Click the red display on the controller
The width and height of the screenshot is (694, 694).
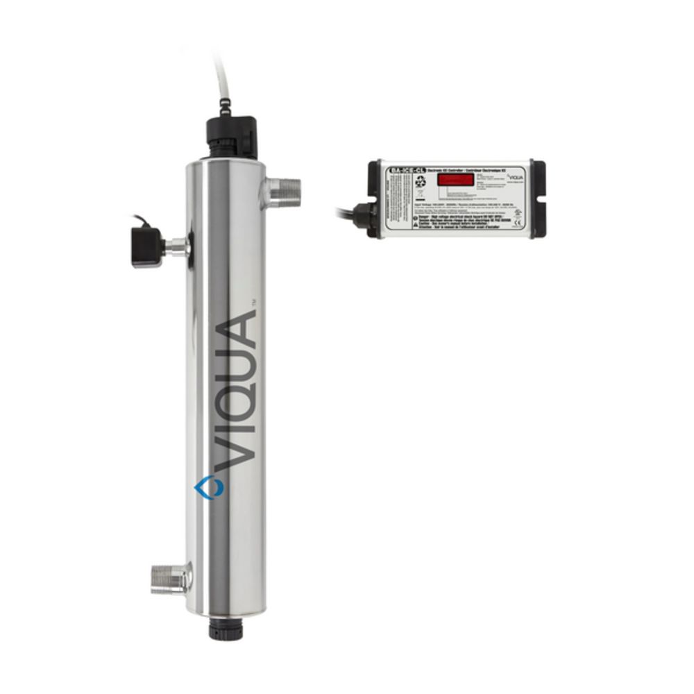coord(455,180)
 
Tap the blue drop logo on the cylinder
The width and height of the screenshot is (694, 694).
coord(205,487)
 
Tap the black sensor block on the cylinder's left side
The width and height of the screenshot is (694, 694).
coord(146,246)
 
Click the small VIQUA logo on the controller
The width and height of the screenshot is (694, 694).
coord(514,177)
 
